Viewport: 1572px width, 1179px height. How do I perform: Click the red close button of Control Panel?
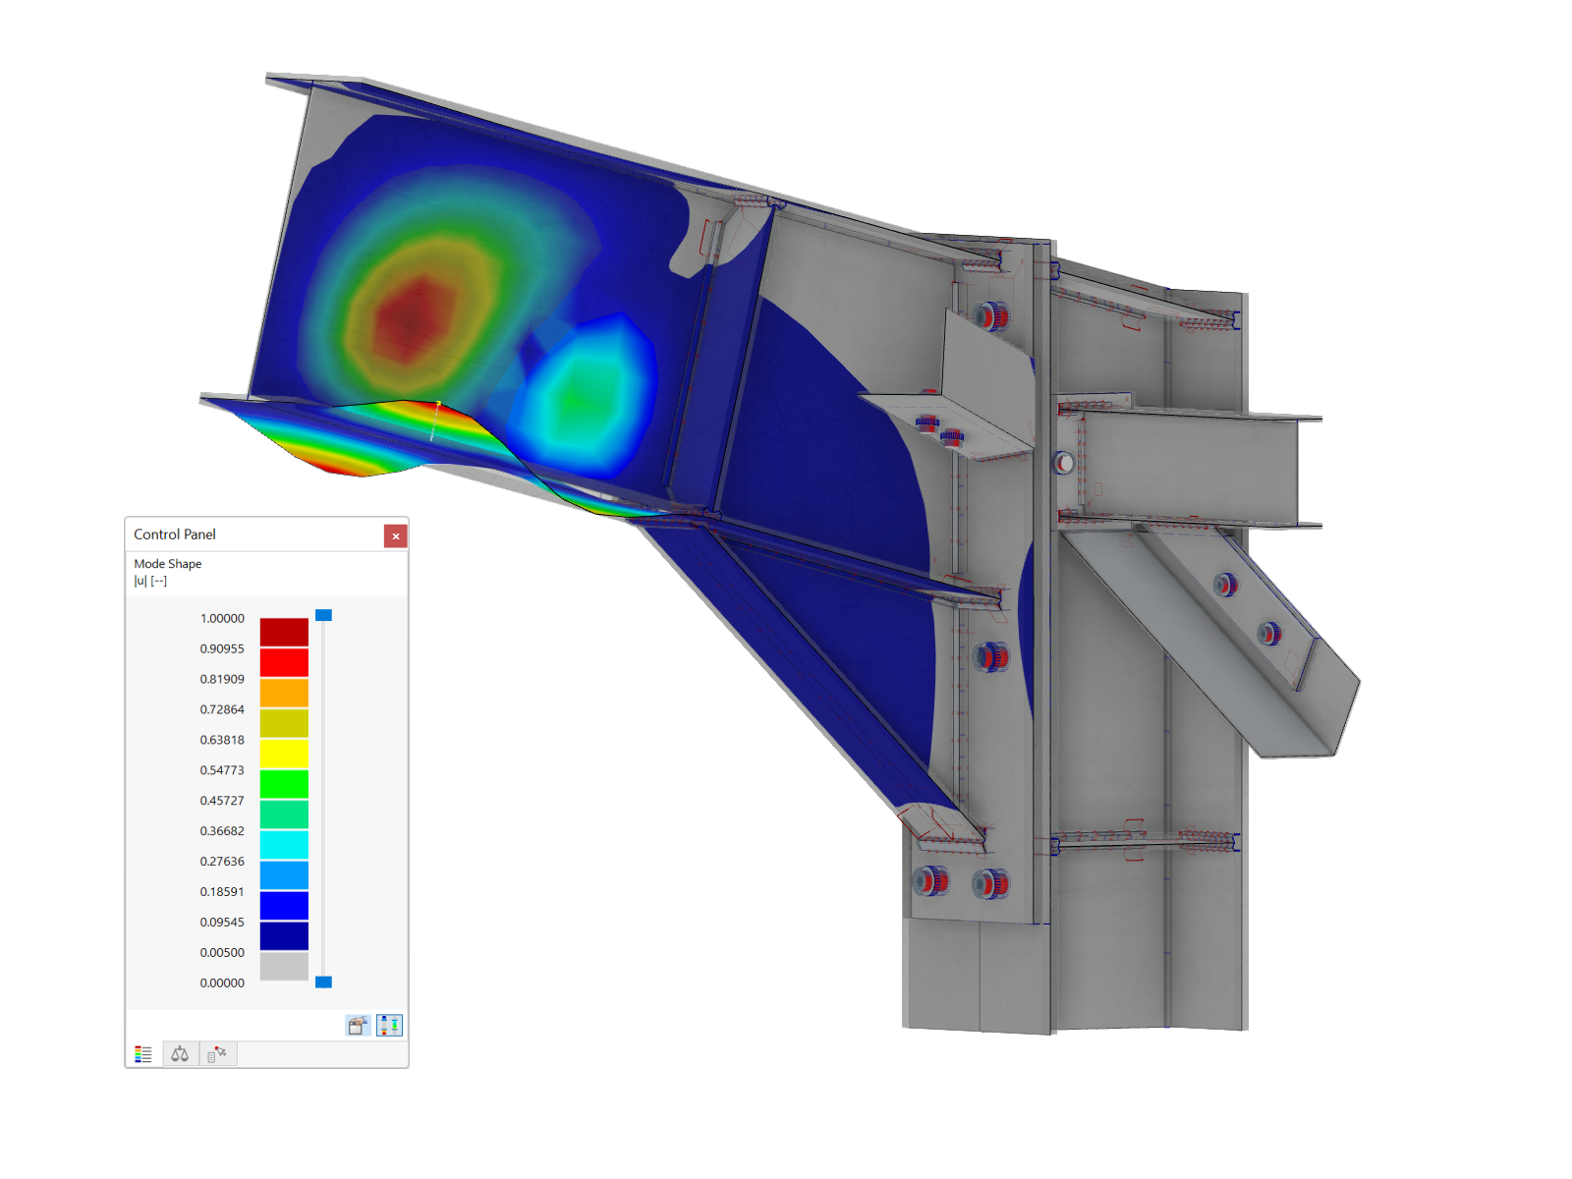pos(395,536)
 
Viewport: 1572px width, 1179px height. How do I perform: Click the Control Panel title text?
pos(174,534)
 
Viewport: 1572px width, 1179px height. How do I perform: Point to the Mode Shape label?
pos(168,563)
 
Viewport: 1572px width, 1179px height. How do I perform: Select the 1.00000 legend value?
pos(222,618)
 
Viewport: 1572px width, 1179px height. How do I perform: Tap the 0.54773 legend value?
pos(222,769)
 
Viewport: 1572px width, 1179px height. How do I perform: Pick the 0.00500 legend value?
pos(222,952)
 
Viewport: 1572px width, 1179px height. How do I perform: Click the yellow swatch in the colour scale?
pos(284,754)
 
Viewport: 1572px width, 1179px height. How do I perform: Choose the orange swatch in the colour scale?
pos(284,693)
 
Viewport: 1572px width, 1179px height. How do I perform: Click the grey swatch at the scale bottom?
pos(284,967)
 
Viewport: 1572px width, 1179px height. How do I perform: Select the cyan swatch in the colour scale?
pos(284,845)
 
